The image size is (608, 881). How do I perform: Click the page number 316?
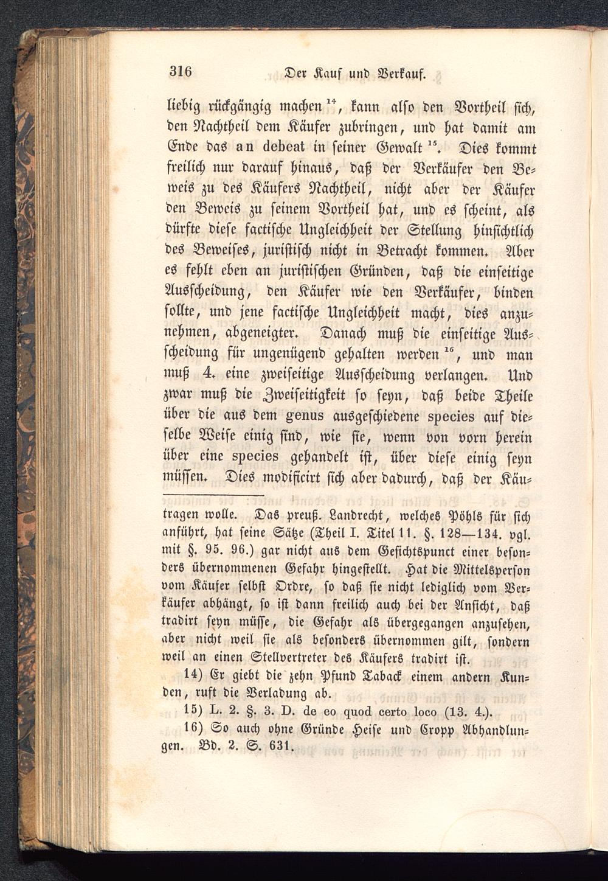[181, 72]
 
